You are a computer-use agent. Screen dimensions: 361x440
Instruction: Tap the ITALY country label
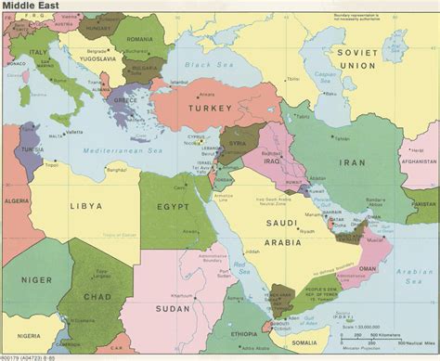(39, 52)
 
